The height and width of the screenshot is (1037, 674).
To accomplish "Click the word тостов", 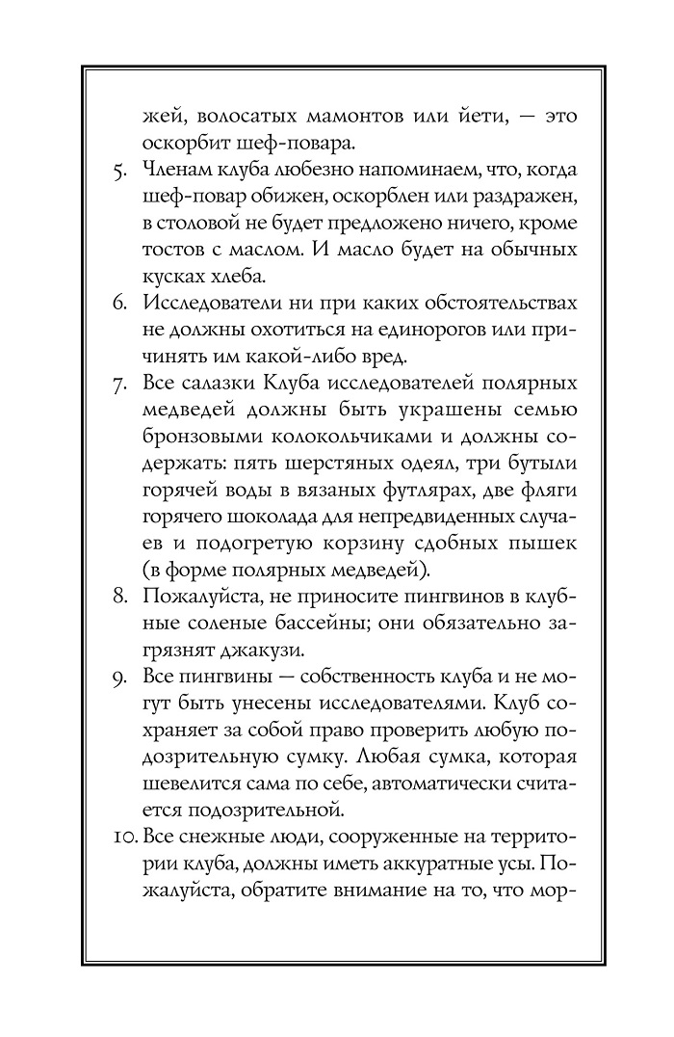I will tap(180, 250).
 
